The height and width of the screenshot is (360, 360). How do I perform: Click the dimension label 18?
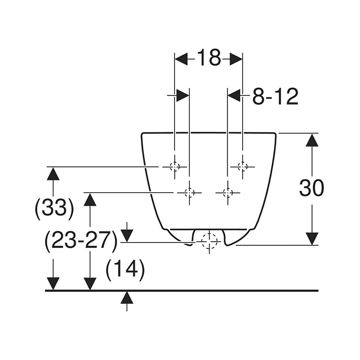click(209, 58)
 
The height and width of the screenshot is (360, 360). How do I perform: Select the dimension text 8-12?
click(275, 96)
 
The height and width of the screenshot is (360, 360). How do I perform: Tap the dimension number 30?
click(311, 188)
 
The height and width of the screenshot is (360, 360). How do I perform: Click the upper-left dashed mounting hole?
click(175, 166)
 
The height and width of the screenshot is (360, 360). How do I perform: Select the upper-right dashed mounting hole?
click(243, 166)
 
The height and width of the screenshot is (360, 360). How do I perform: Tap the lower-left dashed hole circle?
click(189, 193)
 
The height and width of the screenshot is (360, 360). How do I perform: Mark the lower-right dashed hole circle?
click(228, 193)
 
